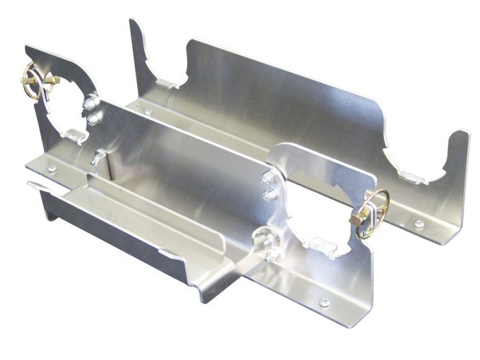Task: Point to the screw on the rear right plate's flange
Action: [418, 224]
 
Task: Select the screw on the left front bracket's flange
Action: [51, 168]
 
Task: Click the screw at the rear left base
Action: [148, 112]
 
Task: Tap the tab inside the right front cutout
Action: [320, 241]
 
